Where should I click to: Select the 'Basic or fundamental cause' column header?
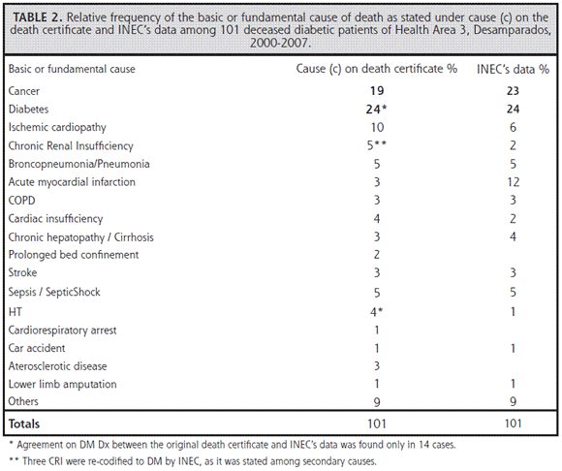tap(72, 69)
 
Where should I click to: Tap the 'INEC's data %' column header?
tap(513, 69)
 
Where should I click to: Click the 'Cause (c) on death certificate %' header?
tap(377, 69)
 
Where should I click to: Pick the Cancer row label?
tap(23, 91)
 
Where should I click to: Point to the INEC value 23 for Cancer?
tap(513, 91)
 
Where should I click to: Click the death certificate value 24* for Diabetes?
tap(376, 109)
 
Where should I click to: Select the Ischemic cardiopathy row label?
tap(57, 128)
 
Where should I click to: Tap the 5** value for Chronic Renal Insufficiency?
tap(377, 145)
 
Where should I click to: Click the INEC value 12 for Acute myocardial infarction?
tap(513, 182)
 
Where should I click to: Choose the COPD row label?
tap(22, 201)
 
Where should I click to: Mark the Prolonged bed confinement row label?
tap(74, 255)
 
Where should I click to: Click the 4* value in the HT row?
tap(376, 312)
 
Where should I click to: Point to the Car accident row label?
tap(37, 348)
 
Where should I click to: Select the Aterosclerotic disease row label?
tap(58, 366)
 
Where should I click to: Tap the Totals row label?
tap(24, 424)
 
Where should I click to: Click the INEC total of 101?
tap(513, 424)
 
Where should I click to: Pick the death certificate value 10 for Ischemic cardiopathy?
tap(377, 127)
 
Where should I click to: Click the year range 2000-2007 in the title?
tap(279, 43)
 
